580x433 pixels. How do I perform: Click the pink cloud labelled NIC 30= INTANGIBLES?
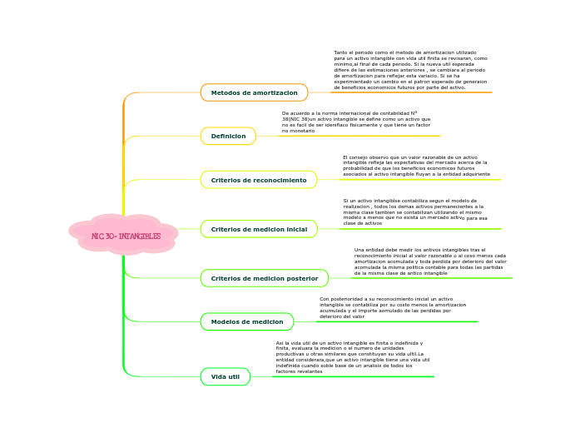[125, 236]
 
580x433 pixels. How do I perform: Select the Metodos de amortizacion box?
[254, 92]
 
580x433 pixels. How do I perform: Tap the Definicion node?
[228, 136]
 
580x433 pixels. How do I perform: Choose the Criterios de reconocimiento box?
[259, 180]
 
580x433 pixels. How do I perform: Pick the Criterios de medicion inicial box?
[259, 229]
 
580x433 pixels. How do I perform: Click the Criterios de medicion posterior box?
[265, 278]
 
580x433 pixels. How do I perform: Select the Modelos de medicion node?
[247, 321]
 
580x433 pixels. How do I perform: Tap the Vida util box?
[226, 376]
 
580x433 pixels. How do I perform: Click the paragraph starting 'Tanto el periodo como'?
[410, 70]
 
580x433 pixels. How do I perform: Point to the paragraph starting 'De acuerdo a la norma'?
[356, 122]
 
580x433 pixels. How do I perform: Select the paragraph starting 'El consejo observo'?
[416, 166]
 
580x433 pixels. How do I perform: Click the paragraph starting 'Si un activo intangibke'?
[415, 212]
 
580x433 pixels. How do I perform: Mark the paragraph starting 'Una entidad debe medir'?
[429, 261]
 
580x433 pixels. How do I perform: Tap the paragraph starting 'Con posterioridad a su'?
[393, 307]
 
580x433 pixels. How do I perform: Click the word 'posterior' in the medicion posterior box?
[301, 278]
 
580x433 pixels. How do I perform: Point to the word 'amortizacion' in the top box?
[276, 92]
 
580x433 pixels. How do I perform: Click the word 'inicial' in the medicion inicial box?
[296, 229]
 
